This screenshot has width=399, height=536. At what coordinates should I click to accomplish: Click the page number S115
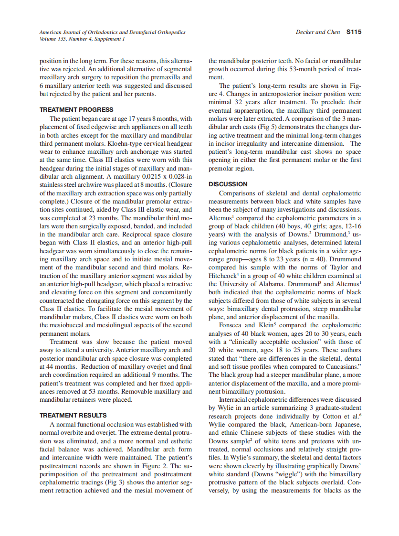coord(354,32)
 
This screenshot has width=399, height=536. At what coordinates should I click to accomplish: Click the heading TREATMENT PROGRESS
coord(76,109)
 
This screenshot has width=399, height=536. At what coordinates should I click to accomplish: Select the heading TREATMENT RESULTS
coord(73,415)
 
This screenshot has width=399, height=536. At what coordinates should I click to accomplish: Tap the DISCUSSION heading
coord(228,184)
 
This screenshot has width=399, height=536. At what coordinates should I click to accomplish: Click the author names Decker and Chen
coord(318,32)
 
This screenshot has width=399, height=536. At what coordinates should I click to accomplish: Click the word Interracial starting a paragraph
coord(236,399)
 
